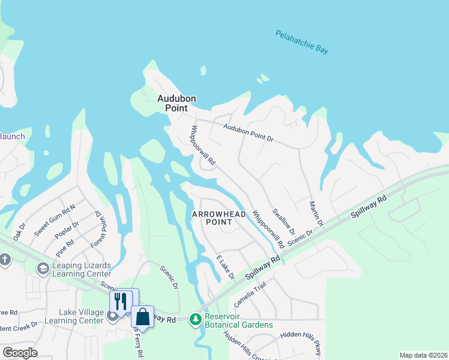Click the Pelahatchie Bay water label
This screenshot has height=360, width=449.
click(302, 43)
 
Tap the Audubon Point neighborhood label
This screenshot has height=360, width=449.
click(177, 103)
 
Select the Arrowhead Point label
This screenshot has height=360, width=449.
click(211, 218)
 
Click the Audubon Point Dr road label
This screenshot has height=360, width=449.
click(248, 133)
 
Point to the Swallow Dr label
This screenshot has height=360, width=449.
click(283, 221)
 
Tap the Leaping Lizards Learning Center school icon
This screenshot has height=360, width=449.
click(43, 268)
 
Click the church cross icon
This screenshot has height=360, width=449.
click(5, 259)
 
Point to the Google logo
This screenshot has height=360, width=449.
click(20, 353)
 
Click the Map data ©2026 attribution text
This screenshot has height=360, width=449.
click(423, 355)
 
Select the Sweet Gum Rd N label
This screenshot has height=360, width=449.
click(55, 220)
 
